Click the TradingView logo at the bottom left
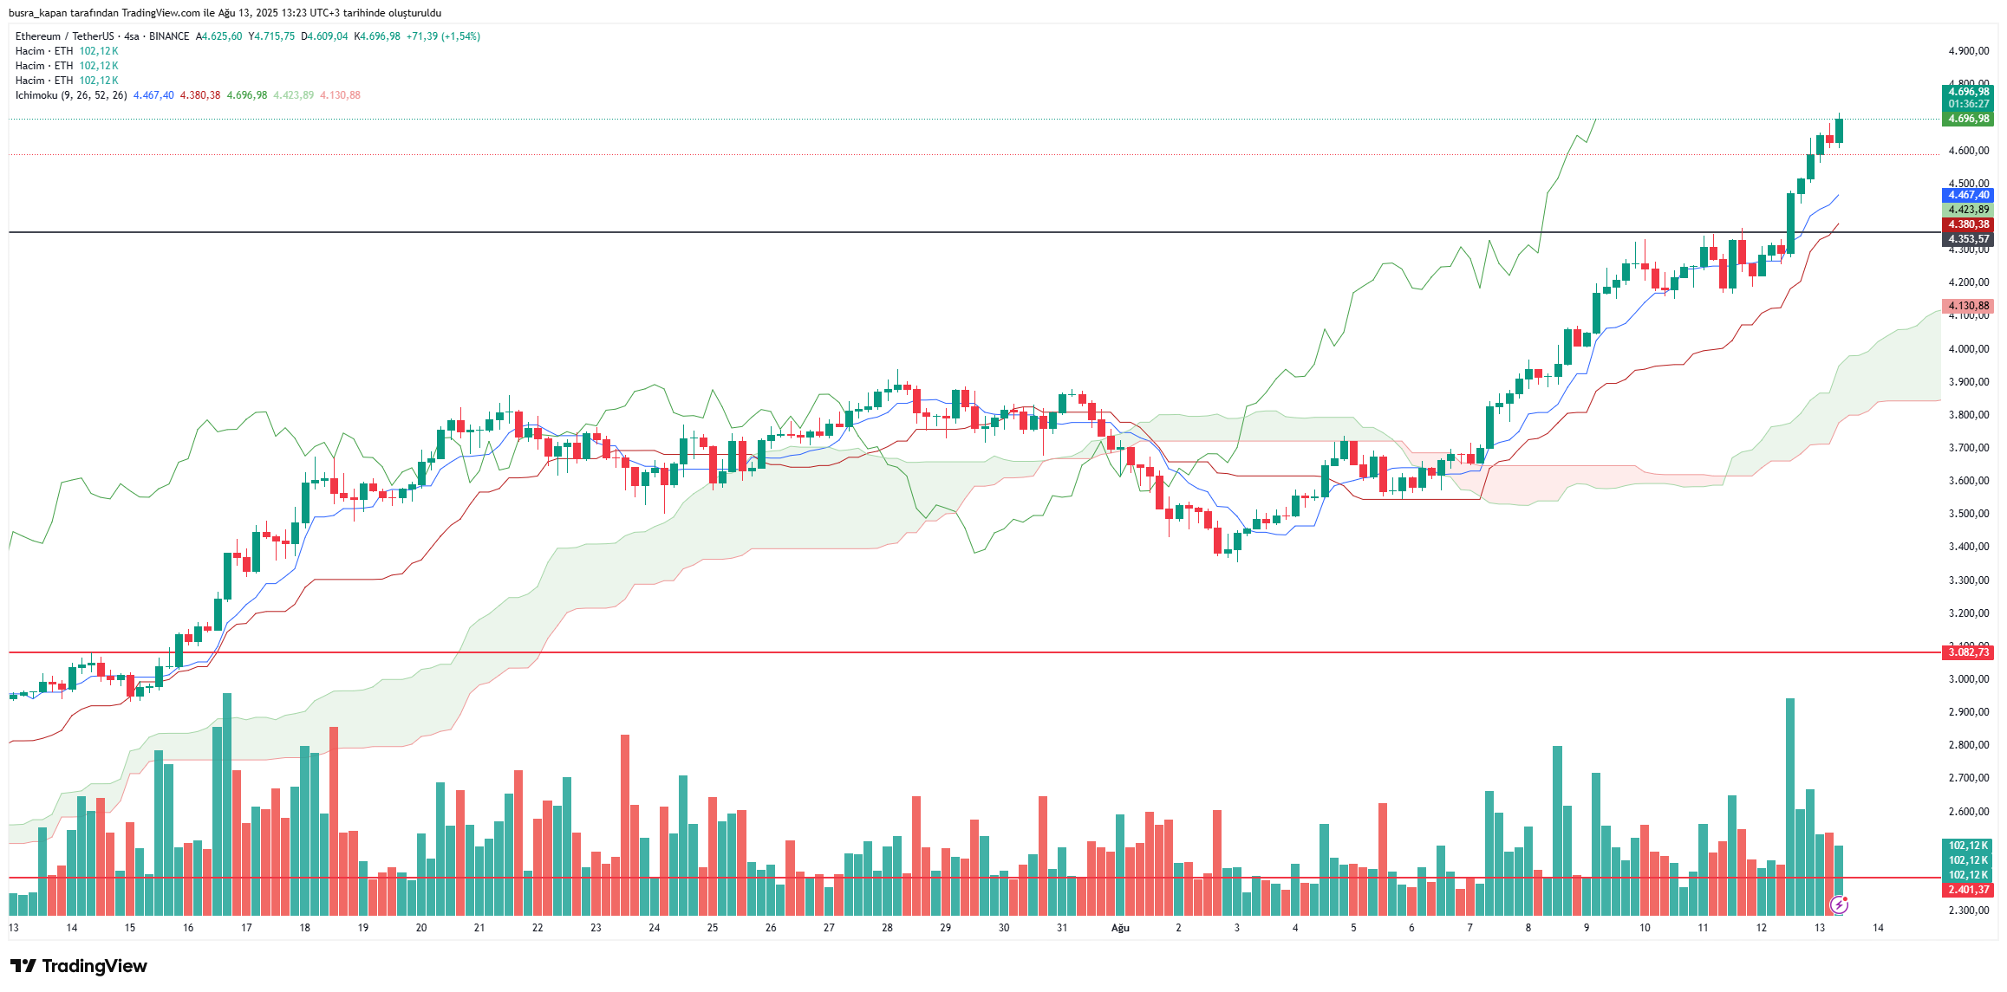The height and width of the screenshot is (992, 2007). [x=79, y=966]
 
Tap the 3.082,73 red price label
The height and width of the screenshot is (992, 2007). [x=1968, y=652]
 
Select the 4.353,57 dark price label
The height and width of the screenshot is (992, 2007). [x=1968, y=239]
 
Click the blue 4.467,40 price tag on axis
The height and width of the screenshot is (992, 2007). [x=1968, y=195]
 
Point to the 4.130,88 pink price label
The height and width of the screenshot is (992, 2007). [x=1968, y=306]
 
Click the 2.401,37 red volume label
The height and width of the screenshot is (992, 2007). [x=1968, y=890]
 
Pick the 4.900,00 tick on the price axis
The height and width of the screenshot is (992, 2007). [x=1968, y=51]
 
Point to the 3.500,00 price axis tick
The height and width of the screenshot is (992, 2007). [x=1968, y=514]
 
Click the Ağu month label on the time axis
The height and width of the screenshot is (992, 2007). [x=1120, y=928]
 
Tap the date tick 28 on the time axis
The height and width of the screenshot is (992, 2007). [x=887, y=928]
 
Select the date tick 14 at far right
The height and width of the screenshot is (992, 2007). [x=1878, y=928]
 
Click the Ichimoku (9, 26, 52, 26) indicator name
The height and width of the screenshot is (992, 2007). [x=71, y=95]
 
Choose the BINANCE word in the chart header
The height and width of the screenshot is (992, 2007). [x=169, y=36]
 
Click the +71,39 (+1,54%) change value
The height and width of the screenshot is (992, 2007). [x=443, y=36]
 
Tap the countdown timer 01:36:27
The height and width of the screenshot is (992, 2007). [x=1968, y=104]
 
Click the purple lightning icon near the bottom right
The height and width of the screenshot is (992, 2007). [x=1839, y=905]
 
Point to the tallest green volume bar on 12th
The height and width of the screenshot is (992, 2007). [x=1790, y=806]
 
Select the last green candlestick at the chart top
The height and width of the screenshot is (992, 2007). [x=1839, y=130]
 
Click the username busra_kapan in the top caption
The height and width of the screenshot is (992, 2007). [x=37, y=13]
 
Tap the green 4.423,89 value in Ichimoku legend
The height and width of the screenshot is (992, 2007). [x=293, y=95]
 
